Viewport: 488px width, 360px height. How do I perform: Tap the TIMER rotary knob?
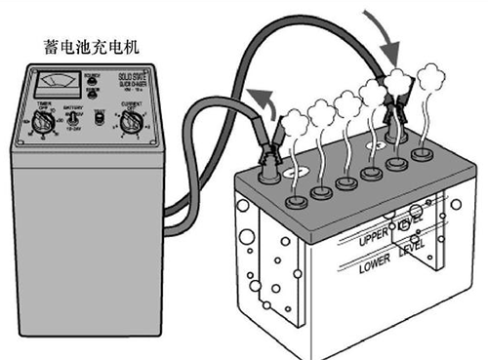click(41, 122)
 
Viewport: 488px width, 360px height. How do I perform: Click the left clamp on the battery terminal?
click(267, 156)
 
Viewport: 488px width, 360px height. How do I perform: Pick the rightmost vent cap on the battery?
click(422, 153)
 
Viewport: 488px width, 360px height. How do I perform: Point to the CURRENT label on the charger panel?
click(136, 101)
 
